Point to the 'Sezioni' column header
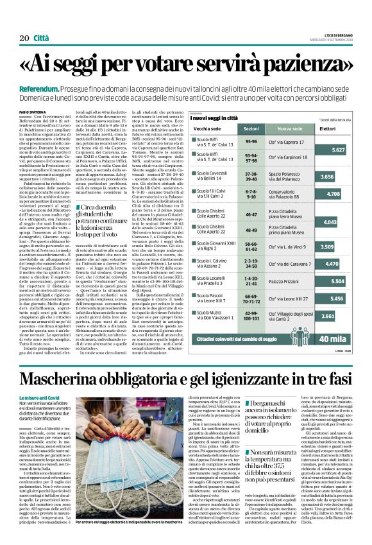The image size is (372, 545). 251,129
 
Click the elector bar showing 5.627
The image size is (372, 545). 334,149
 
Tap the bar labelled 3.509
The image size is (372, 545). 323,246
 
